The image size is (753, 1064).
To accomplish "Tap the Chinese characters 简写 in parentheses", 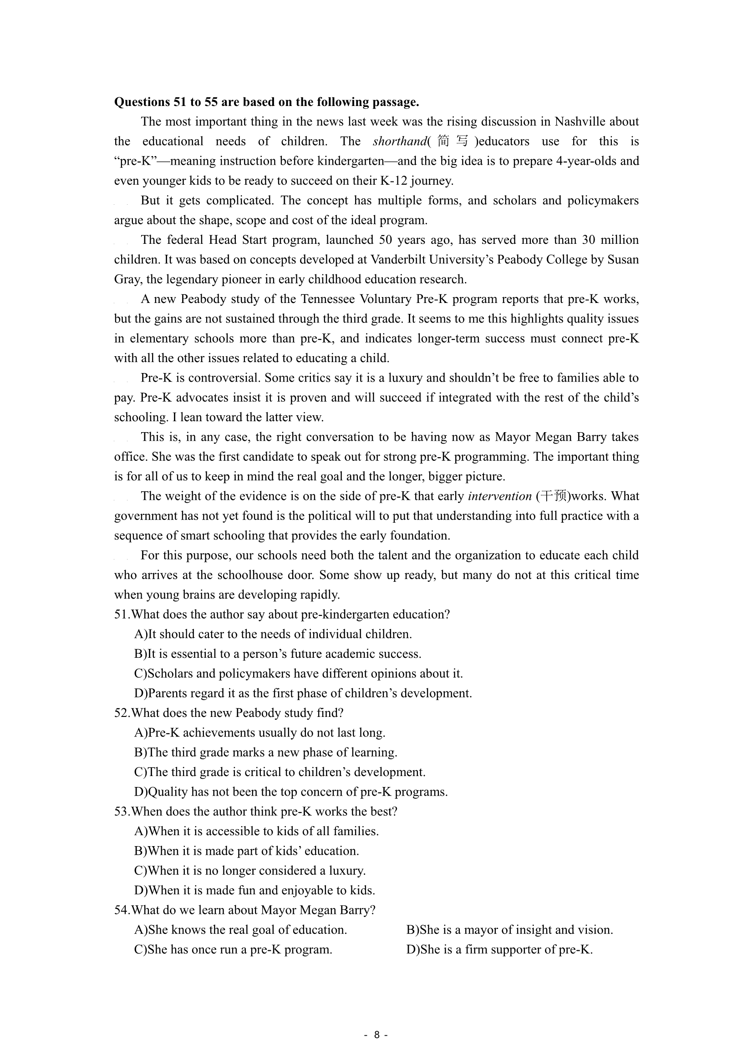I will [453, 141].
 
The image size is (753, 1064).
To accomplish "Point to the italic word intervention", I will [500, 496].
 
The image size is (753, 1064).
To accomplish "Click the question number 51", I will [121, 615].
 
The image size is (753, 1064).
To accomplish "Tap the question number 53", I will [122, 812].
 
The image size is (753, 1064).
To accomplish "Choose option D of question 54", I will [499, 949].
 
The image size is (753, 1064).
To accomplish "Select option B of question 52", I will [266, 752].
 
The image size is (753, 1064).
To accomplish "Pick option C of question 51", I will [299, 673].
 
